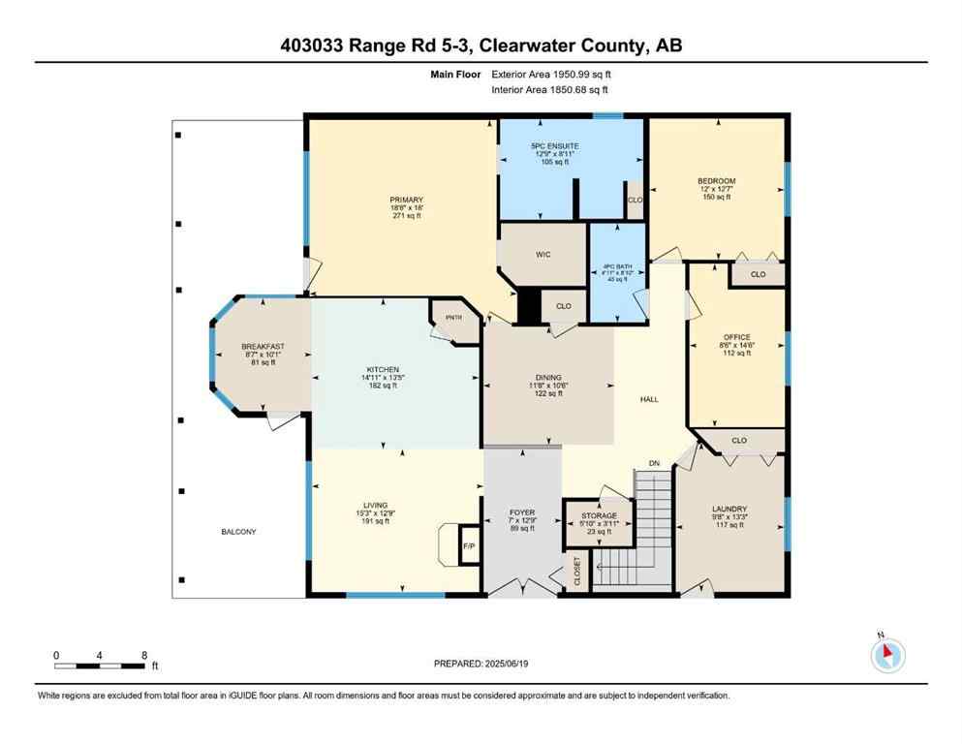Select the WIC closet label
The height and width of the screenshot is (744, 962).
tap(543, 256)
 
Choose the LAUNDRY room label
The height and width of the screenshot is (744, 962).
tap(729, 509)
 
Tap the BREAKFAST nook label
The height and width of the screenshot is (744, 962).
tap(263, 347)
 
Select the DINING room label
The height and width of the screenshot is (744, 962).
tap(548, 378)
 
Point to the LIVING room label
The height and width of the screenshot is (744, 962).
tap(375, 506)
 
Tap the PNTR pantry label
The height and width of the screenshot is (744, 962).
tap(451, 318)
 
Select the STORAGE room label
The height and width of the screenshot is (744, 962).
tap(599, 516)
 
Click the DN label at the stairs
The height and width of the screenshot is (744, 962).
tap(653, 464)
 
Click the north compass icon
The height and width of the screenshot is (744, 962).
tap(886, 656)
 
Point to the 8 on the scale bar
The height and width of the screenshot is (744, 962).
tap(144, 656)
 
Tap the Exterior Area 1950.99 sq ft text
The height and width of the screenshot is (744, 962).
tap(552, 74)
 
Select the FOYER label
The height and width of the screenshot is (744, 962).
tap(522, 512)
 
